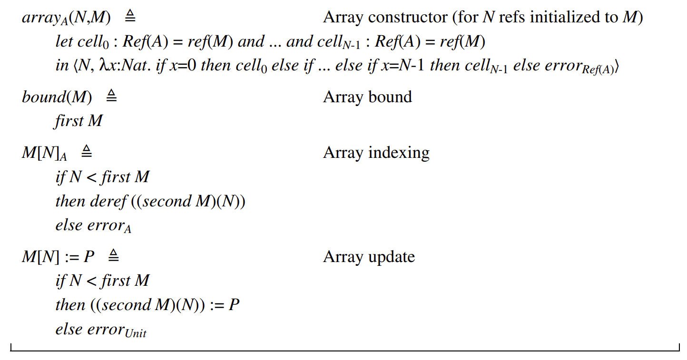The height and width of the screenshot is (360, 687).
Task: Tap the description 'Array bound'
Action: [x=367, y=97]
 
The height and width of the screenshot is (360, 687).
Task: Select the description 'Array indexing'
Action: [x=376, y=153]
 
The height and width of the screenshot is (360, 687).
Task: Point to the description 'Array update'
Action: [x=369, y=257]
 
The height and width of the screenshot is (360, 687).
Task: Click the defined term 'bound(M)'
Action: [x=57, y=97]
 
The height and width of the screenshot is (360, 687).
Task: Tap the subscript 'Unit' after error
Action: [x=136, y=333]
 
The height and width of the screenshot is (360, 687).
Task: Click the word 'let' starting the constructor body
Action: [x=64, y=42]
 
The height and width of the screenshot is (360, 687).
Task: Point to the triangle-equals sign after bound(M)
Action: [x=111, y=97]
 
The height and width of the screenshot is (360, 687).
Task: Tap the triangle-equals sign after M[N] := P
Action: [x=113, y=256]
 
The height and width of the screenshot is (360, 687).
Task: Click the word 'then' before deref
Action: [x=71, y=201]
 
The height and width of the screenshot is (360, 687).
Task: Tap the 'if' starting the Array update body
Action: [x=60, y=281]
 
